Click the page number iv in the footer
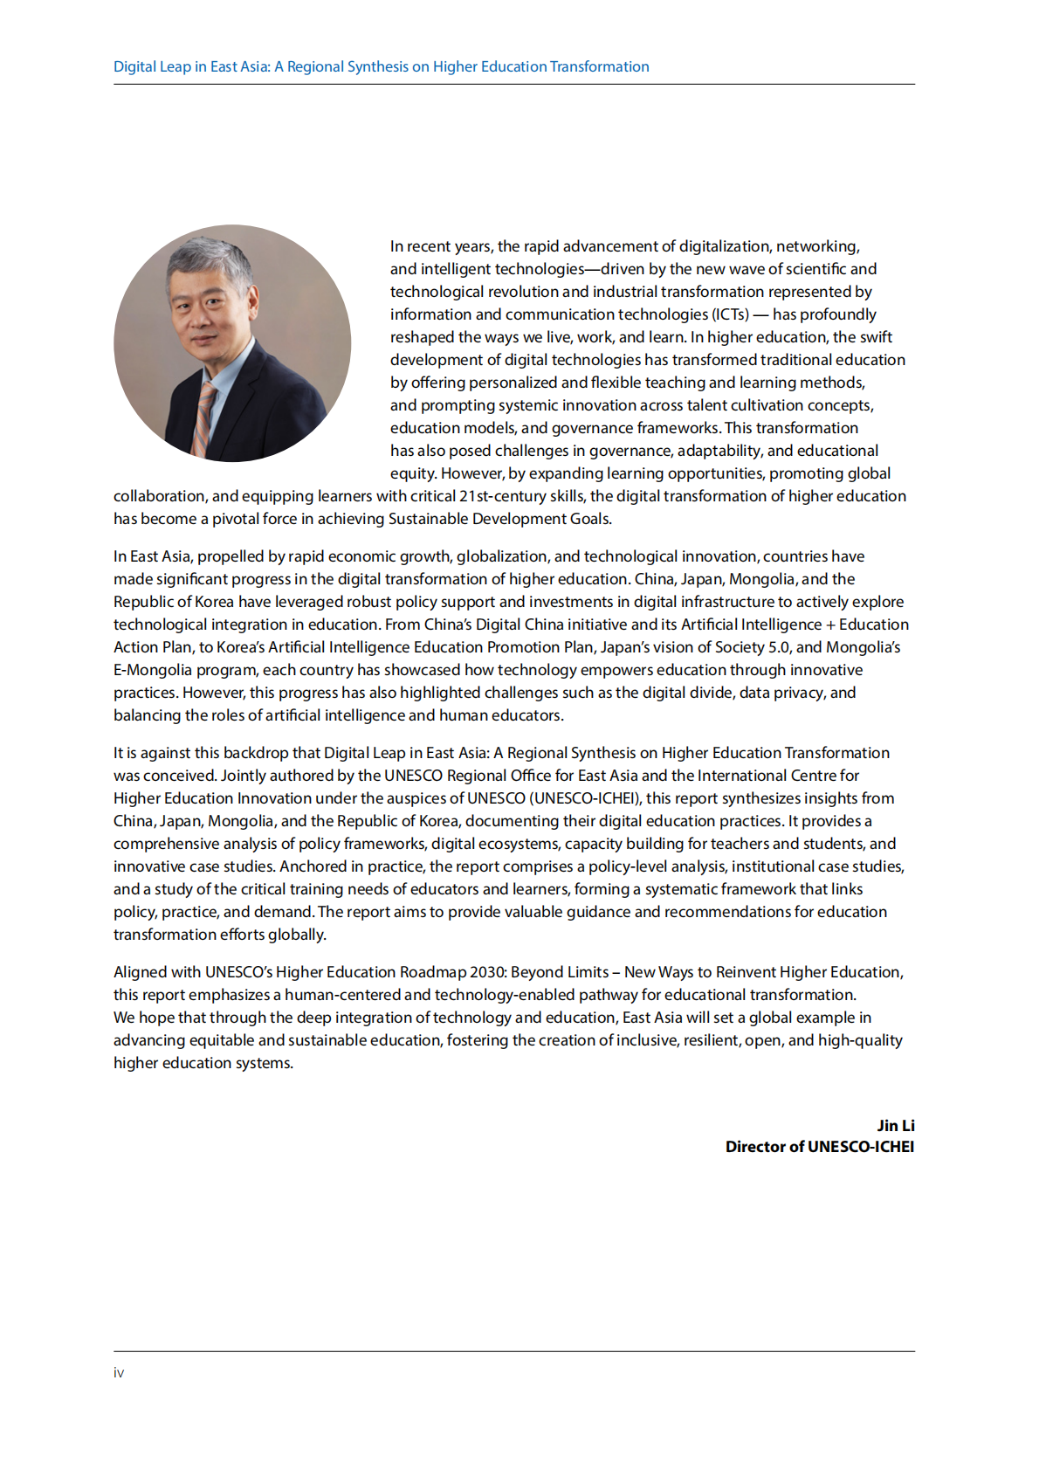(119, 1373)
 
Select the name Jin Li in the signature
(895, 1126)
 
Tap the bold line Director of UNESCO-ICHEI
(819, 1147)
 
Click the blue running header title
(381, 66)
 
